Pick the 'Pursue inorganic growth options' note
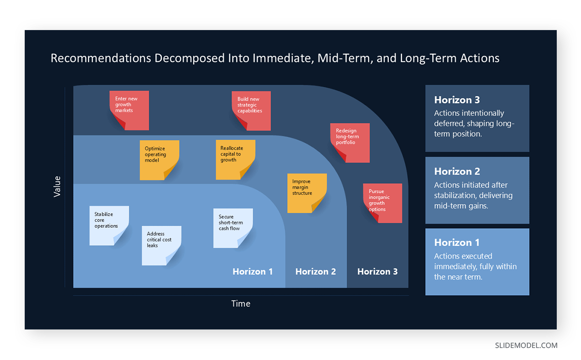pos(382,203)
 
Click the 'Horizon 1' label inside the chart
pos(252,272)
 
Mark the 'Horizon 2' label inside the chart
pos(315,272)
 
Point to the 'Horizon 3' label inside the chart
pos(377,272)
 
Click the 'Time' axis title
pos(241,304)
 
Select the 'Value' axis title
pos(57,186)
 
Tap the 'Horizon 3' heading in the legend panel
pos(457,100)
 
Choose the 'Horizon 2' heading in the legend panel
pos(457,172)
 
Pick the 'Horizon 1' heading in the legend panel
pos(457,243)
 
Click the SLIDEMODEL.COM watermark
pos(526,345)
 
